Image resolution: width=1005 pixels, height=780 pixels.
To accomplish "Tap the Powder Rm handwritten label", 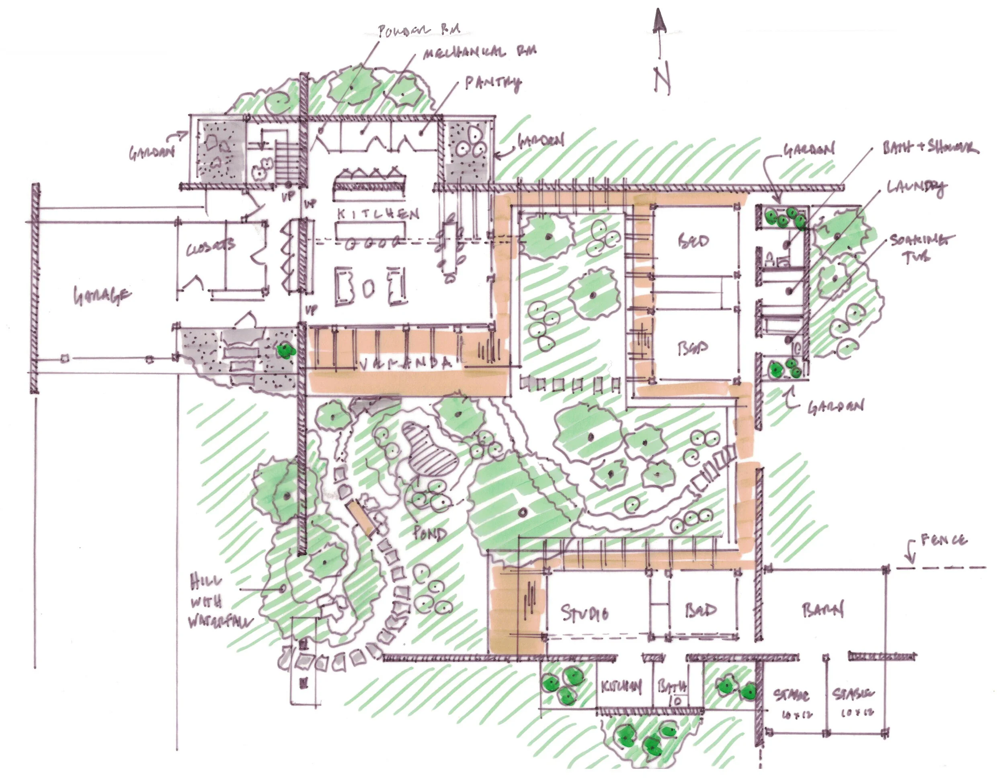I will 418,31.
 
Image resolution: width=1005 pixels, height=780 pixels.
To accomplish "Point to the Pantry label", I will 493,83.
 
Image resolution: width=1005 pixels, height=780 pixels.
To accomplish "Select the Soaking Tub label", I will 920,247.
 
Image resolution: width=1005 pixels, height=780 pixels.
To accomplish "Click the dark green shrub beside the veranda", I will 286,351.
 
